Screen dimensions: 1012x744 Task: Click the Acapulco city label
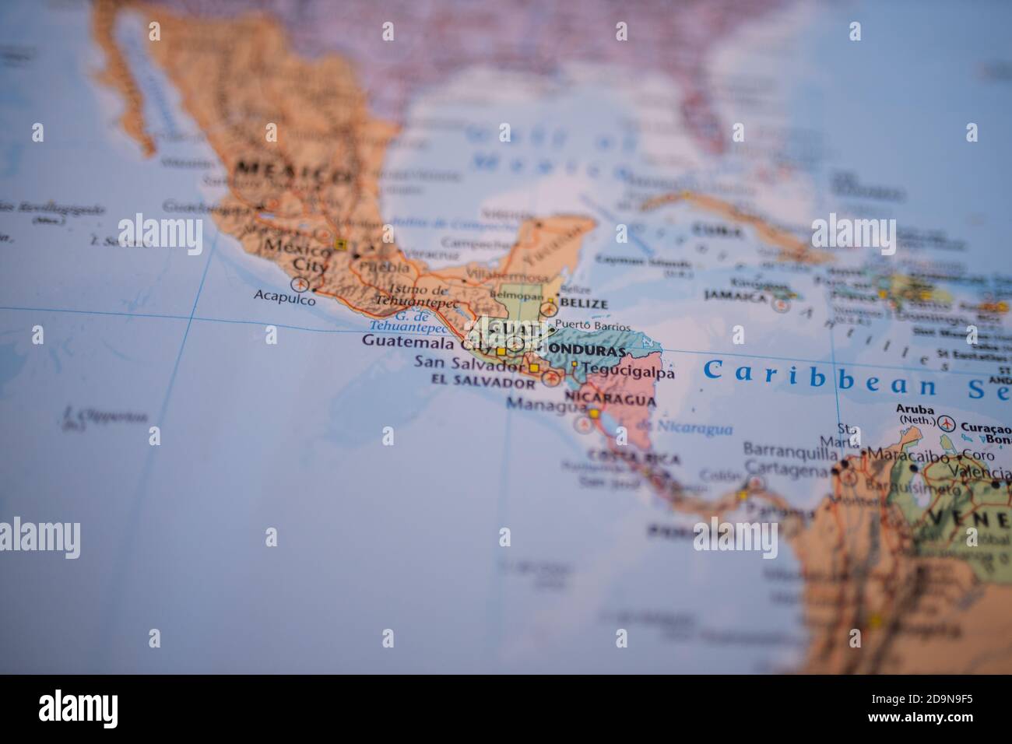[286, 297]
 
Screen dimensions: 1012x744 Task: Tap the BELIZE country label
[583, 304]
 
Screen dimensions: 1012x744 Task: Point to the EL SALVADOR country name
[483, 383]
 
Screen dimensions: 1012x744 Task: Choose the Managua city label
[545, 405]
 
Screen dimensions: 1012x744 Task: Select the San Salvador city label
[469, 363]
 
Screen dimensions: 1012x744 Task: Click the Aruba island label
[915, 409]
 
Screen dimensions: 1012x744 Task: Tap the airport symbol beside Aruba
[947, 423]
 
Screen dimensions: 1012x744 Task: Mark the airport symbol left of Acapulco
[299, 285]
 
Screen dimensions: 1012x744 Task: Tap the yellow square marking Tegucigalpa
[575, 363]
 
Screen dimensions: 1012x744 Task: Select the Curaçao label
[986, 427]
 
